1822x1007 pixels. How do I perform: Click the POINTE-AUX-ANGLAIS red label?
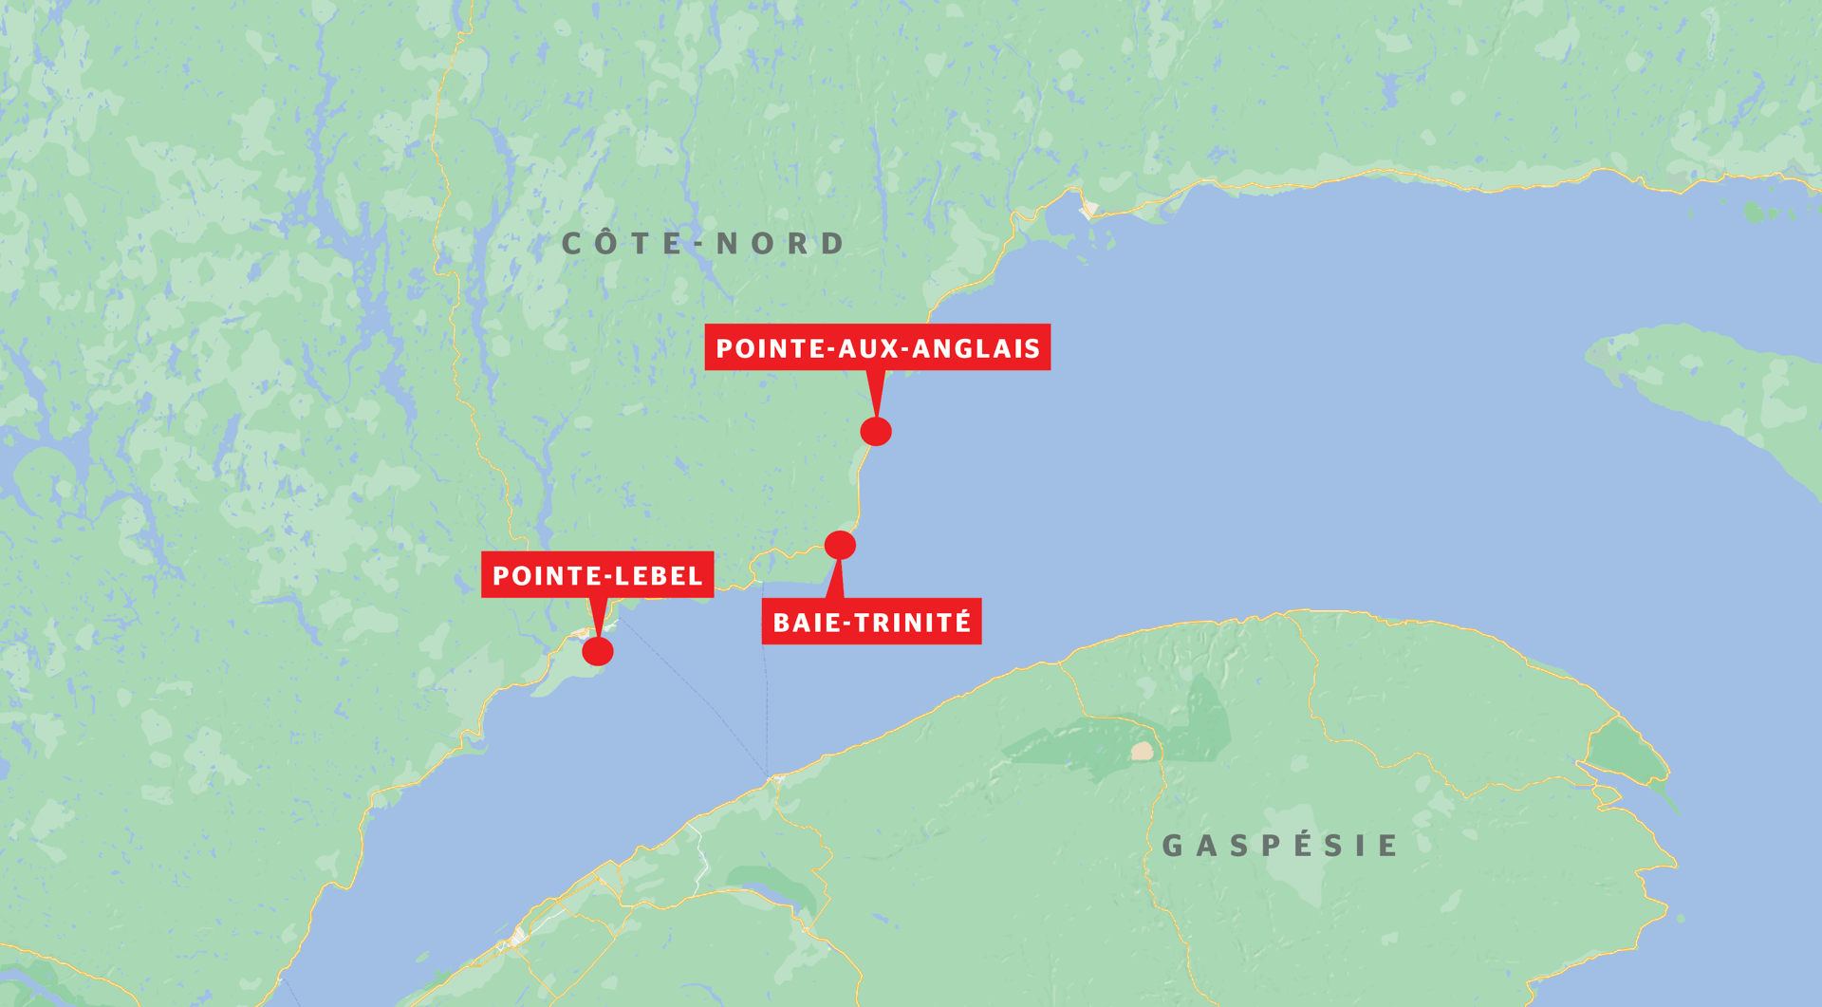[877, 347]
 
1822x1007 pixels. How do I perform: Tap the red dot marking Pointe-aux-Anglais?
[876, 431]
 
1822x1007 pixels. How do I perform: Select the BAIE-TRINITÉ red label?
[871, 622]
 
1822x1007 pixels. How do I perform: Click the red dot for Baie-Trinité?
[840, 545]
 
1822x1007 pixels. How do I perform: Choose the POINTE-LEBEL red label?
[597, 575]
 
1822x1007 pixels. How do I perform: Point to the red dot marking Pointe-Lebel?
[598, 651]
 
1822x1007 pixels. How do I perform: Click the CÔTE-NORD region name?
[703, 244]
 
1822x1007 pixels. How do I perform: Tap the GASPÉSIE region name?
[1279, 845]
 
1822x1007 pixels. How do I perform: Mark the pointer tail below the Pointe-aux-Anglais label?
[876, 391]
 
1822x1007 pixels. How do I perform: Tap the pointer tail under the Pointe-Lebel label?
[597, 617]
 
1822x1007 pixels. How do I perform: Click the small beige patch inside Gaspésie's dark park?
[1143, 751]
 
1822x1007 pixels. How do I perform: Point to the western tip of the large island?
[1590, 355]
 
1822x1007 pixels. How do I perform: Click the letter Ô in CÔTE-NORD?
[606, 243]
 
